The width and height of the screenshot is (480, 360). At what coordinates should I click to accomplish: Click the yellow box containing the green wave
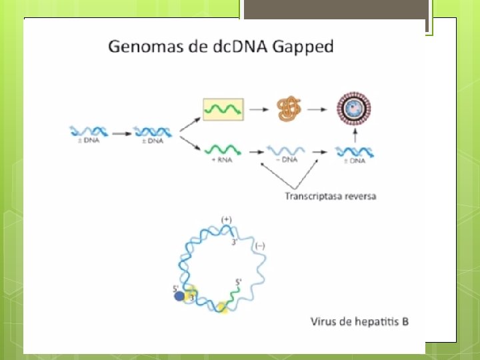tap(223, 108)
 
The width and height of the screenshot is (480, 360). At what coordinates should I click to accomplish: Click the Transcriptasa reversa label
tap(331, 195)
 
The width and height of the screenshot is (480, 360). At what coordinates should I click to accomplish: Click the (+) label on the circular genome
tap(227, 219)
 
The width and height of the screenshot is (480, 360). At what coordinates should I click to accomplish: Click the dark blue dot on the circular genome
tap(179, 296)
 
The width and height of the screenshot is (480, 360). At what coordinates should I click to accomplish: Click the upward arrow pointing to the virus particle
tap(355, 135)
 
